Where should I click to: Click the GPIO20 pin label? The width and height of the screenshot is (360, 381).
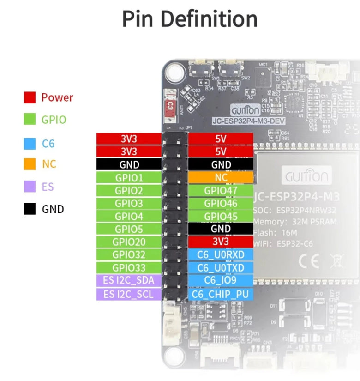pyautogui.click(x=129, y=242)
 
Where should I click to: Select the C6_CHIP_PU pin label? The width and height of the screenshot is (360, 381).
pyautogui.click(x=221, y=294)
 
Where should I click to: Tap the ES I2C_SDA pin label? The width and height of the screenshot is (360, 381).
pyautogui.click(x=129, y=280)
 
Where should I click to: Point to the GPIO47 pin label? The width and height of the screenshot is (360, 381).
pyautogui.click(x=221, y=191)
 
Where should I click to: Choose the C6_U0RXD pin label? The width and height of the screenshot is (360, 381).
pyautogui.click(x=221, y=255)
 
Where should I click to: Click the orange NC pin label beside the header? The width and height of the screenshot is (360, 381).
pyautogui.click(x=221, y=177)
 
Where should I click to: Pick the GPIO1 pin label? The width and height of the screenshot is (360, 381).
pyautogui.click(x=129, y=178)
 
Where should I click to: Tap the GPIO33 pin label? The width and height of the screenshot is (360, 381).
pyautogui.click(x=129, y=268)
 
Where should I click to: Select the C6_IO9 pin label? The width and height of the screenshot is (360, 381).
pyautogui.click(x=221, y=280)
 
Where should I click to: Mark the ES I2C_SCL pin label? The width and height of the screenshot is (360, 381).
pyautogui.click(x=129, y=294)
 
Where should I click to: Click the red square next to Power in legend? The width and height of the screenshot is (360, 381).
pyautogui.click(x=30, y=97)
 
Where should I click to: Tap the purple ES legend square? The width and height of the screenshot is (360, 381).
pyautogui.click(x=30, y=187)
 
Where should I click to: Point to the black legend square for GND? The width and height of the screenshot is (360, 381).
pyautogui.click(x=30, y=209)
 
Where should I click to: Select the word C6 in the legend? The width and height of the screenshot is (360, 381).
pyautogui.click(x=48, y=143)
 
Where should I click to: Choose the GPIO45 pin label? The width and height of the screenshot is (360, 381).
pyautogui.click(x=221, y=216)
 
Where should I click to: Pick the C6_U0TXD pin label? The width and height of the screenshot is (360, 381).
pyautogui.click(x=221, y=268)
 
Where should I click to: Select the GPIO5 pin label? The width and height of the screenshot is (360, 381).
pyautogui.click(x=129, y=229)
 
